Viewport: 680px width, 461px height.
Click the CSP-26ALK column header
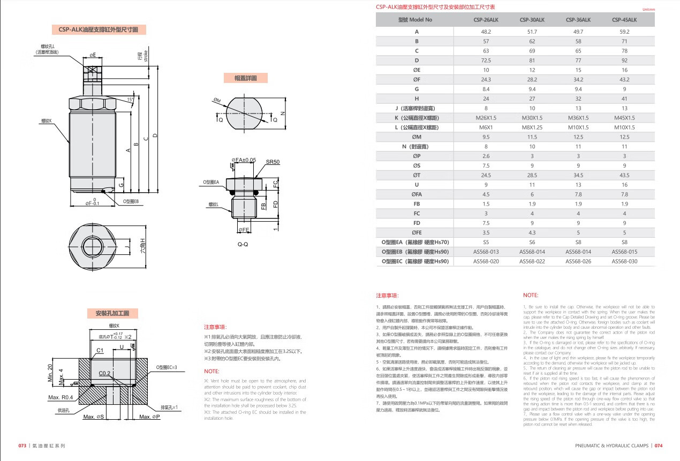[486, 20]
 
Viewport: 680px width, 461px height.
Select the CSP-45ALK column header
[624, 20]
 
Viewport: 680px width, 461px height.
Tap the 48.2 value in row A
[486, 32]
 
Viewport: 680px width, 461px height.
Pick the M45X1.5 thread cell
[624, 118]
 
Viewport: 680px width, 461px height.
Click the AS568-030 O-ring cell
[624, 261]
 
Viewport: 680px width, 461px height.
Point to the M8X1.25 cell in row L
[532, 127]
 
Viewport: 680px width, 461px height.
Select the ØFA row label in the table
[417, 194]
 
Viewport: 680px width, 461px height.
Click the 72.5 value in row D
[486, 61]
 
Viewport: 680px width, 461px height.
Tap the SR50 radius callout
[273, 162]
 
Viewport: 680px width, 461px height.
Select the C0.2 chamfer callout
[104, 373]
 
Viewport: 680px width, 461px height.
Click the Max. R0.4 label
[61, 397]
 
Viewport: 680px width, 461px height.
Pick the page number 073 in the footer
[22, 445]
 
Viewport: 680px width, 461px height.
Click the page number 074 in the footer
[659, 445]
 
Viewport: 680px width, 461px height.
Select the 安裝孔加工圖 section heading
[112, 313]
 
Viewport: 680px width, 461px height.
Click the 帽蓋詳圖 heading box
[245, 78]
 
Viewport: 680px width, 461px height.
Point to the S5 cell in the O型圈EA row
[486, 242]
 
